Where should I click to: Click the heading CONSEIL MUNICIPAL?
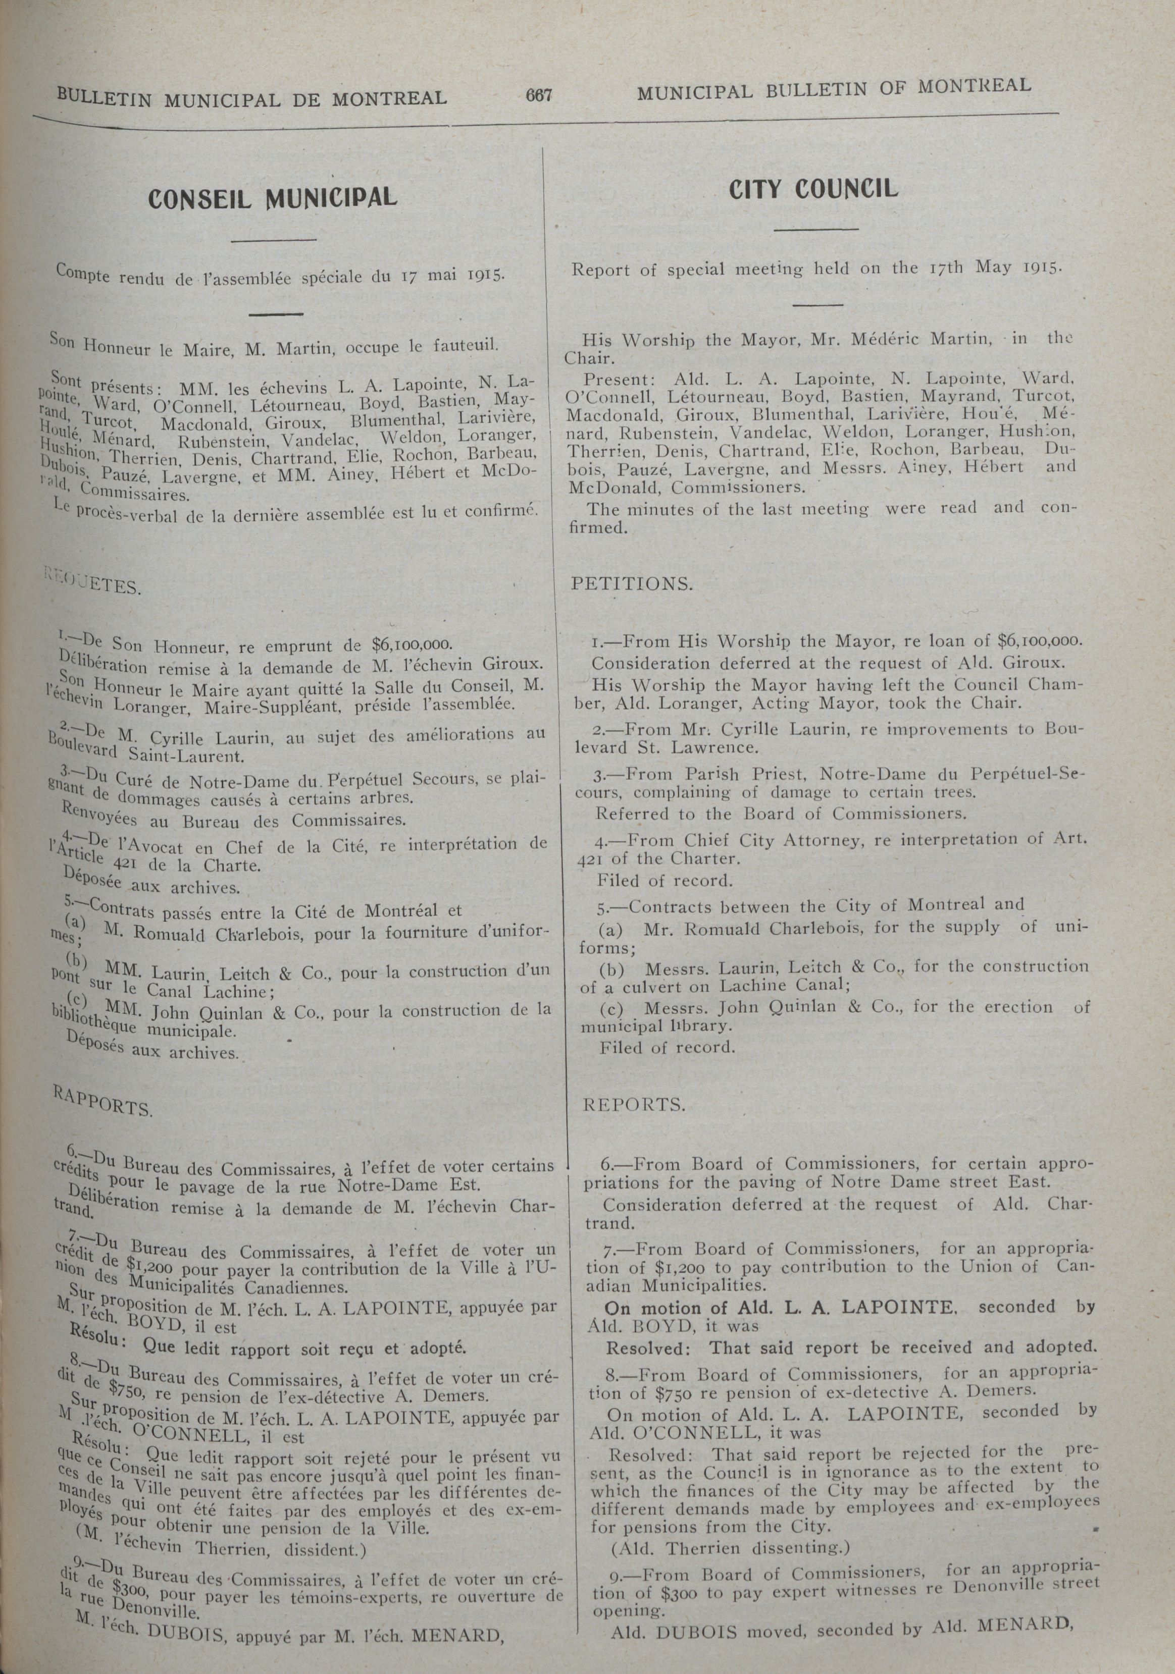273,198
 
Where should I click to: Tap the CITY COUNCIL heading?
812,190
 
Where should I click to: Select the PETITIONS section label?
632,584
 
